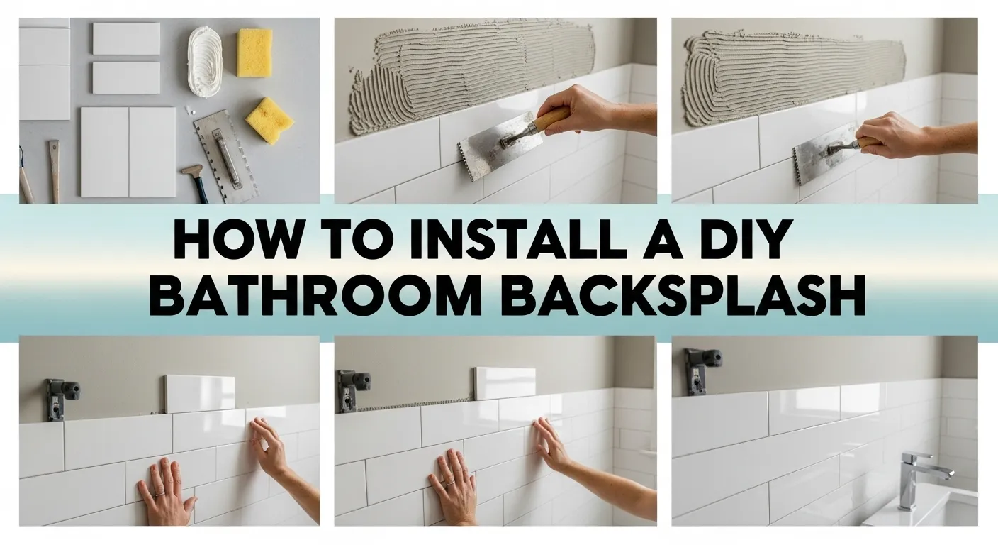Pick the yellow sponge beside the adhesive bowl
click(x=254, y=53)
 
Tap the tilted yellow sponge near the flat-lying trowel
click(x=269, y=120)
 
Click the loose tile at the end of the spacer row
click(x=505, y=383)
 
